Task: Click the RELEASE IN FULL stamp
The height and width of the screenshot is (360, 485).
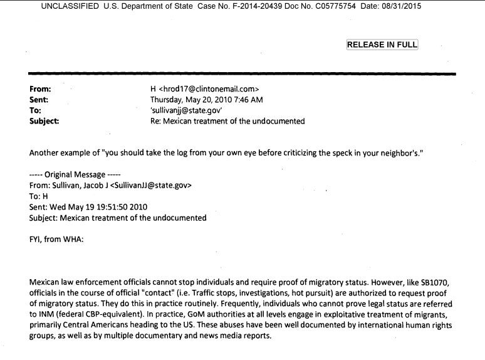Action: pyautogui.click(x=382, y=45)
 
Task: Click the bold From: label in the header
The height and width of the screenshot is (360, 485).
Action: pyautogui.click(x=40, y=89)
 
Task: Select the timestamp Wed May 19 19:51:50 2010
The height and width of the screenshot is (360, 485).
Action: pyautogui.click(x=102, y=207)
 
